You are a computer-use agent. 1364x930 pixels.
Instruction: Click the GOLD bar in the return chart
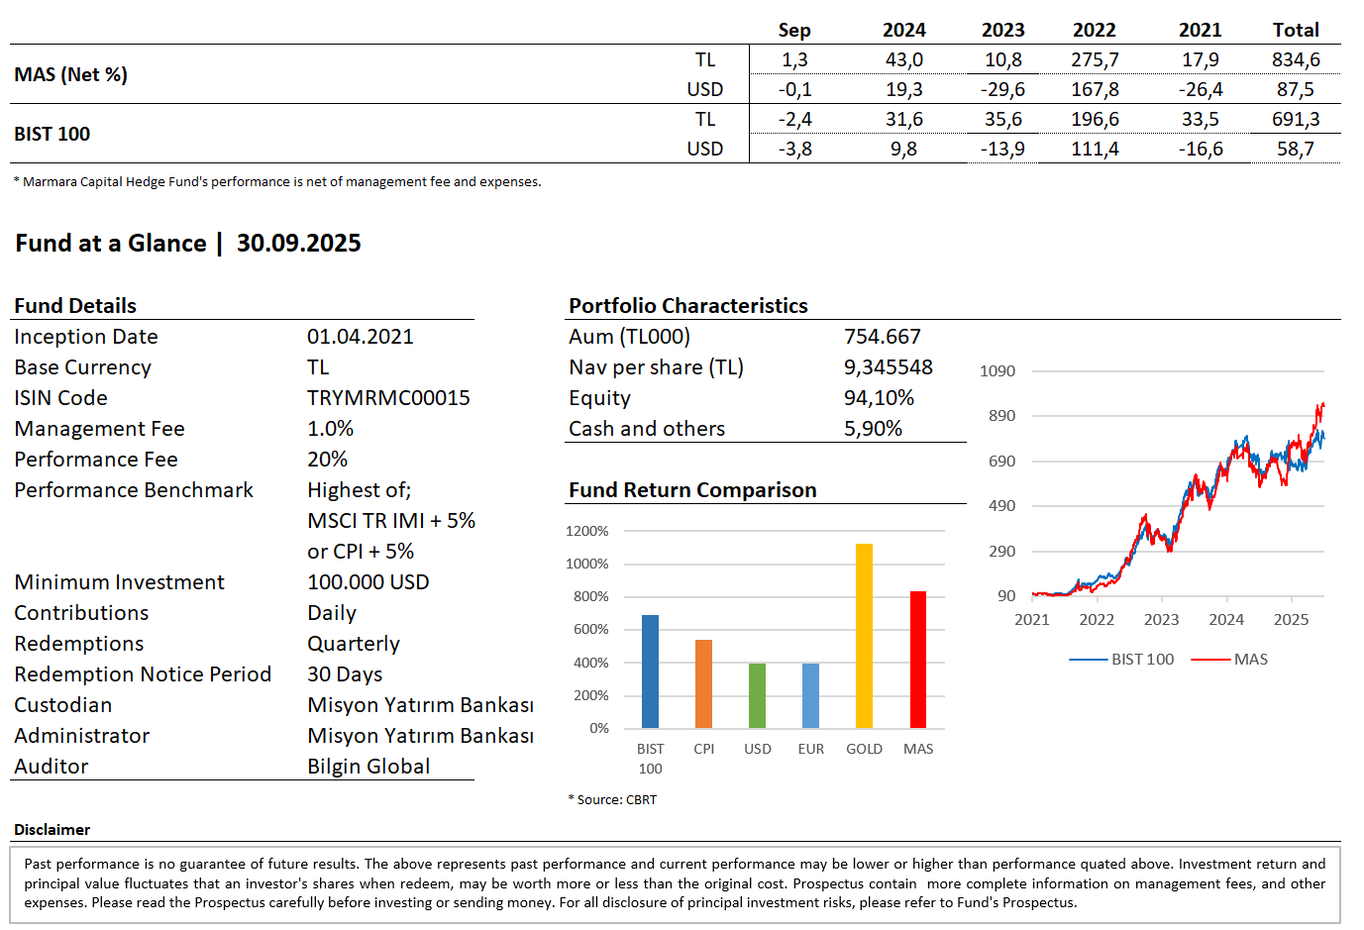(864, 636)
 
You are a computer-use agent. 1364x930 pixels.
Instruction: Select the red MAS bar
(918, 660)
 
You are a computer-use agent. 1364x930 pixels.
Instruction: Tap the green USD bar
(757, 695)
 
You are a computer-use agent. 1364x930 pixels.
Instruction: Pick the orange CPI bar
(703, 683)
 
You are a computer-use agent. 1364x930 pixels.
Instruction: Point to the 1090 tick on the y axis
(997, 371)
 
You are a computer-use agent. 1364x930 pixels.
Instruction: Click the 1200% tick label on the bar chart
(587, 532)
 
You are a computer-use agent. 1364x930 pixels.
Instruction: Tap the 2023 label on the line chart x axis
(1161, 620)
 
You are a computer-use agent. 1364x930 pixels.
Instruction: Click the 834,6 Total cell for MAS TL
(1296, 60)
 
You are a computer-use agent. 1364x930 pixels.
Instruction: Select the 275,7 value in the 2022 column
(1095, 60)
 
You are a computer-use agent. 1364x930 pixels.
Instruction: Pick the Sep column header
(794, 31)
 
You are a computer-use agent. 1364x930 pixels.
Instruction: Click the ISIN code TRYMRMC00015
(388, 398)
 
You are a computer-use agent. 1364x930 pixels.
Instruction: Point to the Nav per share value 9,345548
(889, 367)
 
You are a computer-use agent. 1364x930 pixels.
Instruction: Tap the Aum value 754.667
(883, 337)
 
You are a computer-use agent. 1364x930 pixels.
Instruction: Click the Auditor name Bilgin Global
(368, 767)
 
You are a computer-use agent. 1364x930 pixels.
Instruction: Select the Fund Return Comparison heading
(692, 490)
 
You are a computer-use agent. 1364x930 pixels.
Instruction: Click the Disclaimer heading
(52, 830)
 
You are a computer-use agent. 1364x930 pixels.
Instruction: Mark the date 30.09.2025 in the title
(299, 244)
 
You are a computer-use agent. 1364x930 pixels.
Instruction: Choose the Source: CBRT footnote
(613, 800)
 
